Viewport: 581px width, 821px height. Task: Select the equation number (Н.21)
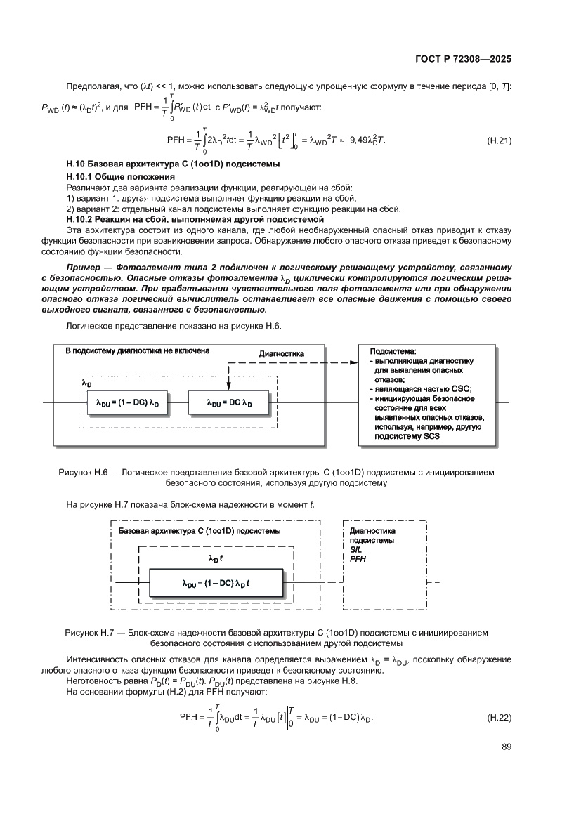click(x=498, y=140)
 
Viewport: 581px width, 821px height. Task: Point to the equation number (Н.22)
click(x=498, y=718)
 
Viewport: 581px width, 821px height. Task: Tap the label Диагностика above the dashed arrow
click(x=282, y=354)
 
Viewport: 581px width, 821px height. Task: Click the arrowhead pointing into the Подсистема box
click(x=353, y=363)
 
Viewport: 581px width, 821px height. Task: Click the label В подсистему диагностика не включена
click(x=137, y=350)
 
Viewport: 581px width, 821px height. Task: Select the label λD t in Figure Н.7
click(x=216, y=558)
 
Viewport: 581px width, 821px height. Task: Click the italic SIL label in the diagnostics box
click(x=355, y=550)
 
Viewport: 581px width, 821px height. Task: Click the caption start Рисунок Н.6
click(x=86, y=473)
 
